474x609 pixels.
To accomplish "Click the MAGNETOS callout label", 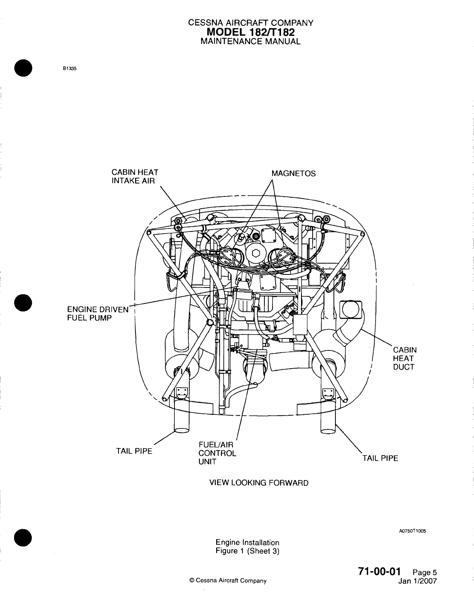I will tap(293, 174).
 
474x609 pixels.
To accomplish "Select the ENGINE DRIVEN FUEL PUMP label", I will tap(97, 314).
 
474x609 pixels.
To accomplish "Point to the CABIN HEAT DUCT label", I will tap(405, 358).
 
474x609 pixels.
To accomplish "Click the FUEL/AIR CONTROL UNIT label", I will tap(217, 453).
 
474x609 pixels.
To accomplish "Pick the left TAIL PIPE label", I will tap(134, 451).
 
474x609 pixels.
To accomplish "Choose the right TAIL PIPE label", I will tap(380, 458).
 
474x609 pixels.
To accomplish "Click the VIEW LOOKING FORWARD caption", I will tap(259, 483).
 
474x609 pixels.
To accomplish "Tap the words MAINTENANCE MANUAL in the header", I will tap(251, 42).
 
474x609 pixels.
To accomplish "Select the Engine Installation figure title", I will tap(247, 543).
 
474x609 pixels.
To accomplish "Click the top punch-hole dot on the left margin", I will tap(24, 68).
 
